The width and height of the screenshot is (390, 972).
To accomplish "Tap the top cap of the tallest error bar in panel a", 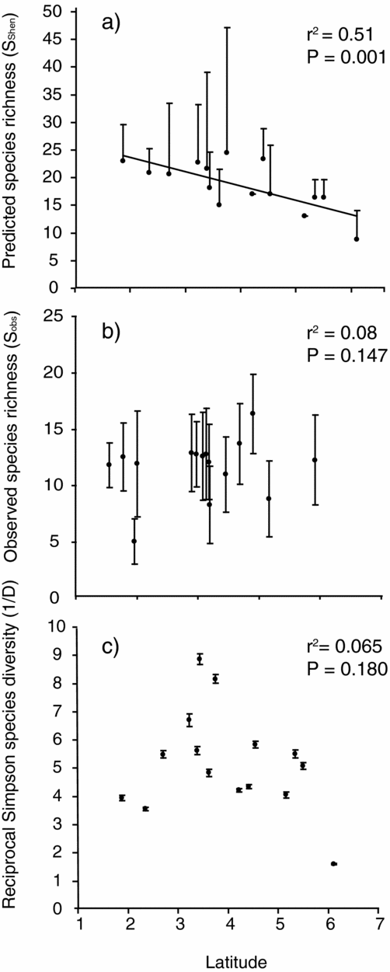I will [227, 28].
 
